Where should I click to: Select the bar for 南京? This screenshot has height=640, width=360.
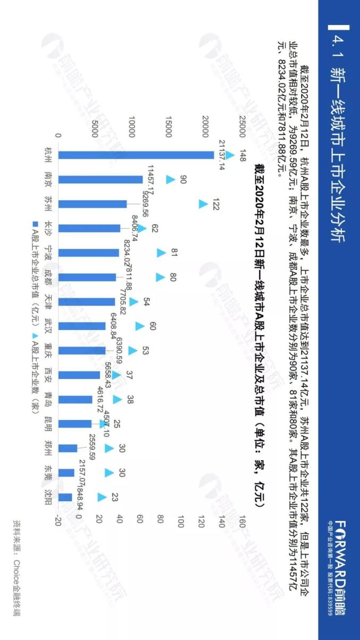(101, 180)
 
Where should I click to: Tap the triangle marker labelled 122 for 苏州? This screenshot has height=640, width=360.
(203, 204)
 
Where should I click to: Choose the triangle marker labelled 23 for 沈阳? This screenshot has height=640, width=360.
(102, 497)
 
